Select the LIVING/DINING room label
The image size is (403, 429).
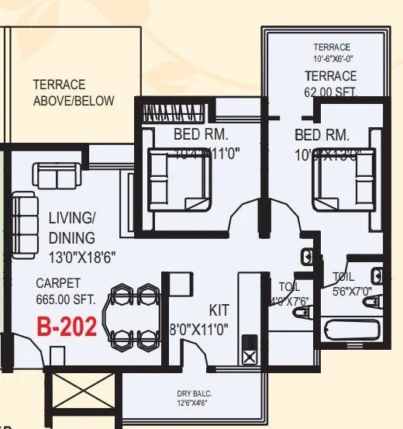click(x=71, y=227)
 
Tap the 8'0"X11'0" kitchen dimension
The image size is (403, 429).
click(x=199, y=328)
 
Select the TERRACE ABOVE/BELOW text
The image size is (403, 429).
click(x=73, y=92)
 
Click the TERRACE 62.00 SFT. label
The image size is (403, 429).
click(x=331, y=83)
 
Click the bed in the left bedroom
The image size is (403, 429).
click(x=178, y=178)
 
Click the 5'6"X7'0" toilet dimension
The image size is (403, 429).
click(x=353, y=291)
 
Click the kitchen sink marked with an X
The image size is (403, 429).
click(x=250, y=356)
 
